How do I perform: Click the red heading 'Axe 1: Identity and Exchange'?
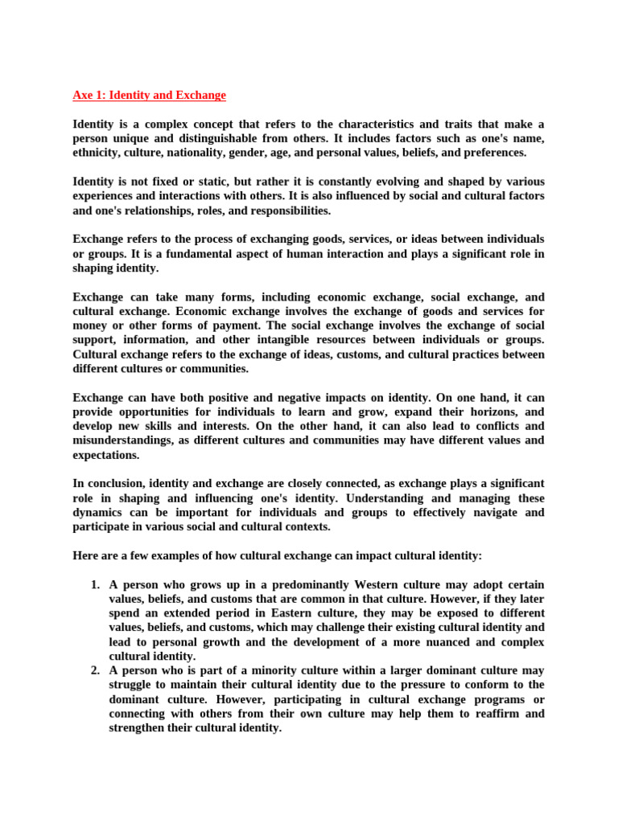[149, 95]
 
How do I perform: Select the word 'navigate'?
[484, 512]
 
